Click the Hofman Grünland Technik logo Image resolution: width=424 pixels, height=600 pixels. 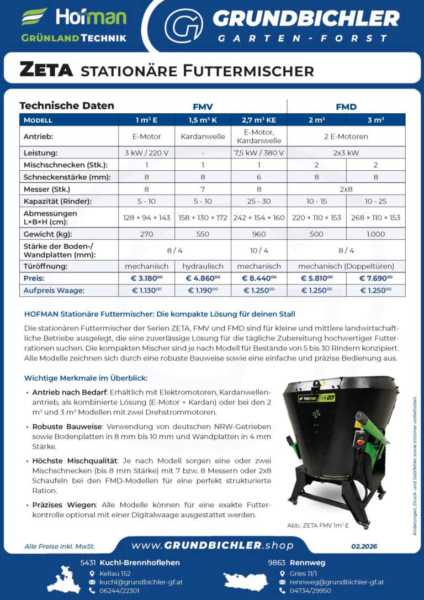(74, 25)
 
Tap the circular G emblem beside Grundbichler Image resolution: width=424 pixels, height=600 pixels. (183, 25)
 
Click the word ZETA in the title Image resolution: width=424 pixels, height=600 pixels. (46, 70)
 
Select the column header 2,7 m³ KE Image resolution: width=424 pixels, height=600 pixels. (259, 120)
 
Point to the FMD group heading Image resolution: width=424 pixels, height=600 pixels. (346, 107)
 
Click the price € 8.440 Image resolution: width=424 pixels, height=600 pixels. (259, 278)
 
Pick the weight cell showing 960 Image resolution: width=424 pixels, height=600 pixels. (259, 234)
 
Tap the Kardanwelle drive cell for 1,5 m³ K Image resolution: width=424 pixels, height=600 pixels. (203, 136)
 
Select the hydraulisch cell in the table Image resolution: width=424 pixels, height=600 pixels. (203, 266)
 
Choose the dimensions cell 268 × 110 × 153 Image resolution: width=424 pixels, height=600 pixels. (375, 217)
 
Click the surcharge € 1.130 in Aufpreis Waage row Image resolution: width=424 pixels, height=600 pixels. (146, 290)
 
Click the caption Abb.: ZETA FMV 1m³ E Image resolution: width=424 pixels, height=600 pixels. (318, 525)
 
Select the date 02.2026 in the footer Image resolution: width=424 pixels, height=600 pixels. (364, 546)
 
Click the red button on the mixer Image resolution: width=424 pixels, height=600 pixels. (363, 441)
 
